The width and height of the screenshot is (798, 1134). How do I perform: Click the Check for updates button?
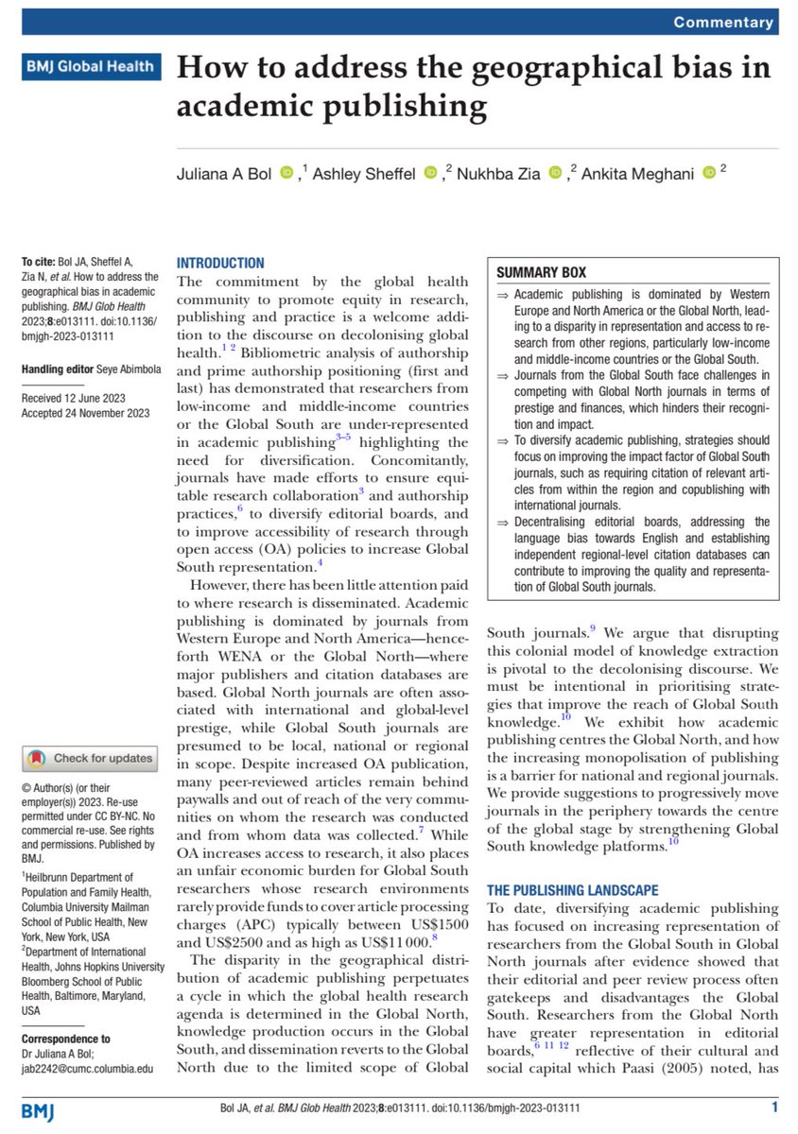[90, 758]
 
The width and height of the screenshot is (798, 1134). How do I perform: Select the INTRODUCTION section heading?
[221, 263]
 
